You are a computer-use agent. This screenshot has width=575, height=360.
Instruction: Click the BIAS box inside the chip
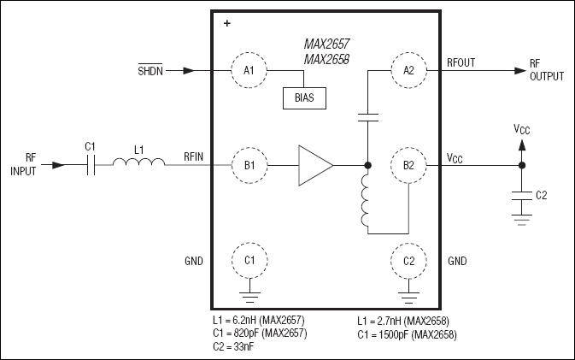(x=304, y=97)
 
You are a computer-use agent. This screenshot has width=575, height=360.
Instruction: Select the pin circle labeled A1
(x=249, y=70)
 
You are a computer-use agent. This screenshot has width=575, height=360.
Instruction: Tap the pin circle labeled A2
(x=408, y=70)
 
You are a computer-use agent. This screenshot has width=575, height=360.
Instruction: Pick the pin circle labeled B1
(x=249, y=163)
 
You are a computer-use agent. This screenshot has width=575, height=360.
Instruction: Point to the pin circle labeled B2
(x=408, y=163)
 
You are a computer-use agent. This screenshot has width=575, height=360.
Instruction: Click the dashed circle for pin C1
(x=249, y=259)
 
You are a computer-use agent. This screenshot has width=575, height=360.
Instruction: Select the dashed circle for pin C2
(x=408, y=259)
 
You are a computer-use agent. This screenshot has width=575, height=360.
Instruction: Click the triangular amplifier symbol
(x=314, y=163)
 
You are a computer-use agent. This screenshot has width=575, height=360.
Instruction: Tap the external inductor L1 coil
(x=139, y=164)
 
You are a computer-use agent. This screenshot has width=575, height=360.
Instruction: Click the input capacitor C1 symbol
(x=91, y=164)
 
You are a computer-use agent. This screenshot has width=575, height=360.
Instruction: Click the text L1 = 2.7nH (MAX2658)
(x=402, y=320)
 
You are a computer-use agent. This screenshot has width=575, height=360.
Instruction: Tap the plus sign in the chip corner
(x=226, y=24)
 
